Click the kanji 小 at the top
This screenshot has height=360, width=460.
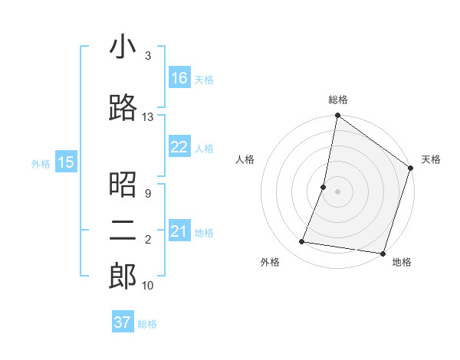[x=123, y=47]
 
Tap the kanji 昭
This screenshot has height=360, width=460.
[x=123, y=185]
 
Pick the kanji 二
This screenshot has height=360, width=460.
[x=123, y=231]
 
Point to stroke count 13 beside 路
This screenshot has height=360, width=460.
[x=147, y=117]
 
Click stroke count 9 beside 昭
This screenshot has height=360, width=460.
[x=147, y=194]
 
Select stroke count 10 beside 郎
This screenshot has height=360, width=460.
[x=147, y=286]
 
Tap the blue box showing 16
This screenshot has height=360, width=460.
[x=179, y=78]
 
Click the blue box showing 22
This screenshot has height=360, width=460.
[x=179, y=148]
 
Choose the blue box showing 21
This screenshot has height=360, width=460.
[x=179, y=232]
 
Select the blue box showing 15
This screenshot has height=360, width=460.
[x=65, y=162]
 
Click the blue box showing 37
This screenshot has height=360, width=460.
[x=123, y=322]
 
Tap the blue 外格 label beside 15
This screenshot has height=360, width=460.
[x=41, y=163]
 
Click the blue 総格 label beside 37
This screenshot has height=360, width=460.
[x=147, y=324]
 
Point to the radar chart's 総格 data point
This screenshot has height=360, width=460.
[x=337, y=116]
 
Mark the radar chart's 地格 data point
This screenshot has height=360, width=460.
[x=383, y=253]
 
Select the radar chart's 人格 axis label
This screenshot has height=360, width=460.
[x=245, y=159]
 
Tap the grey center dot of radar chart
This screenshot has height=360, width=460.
[x=337, y=191]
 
